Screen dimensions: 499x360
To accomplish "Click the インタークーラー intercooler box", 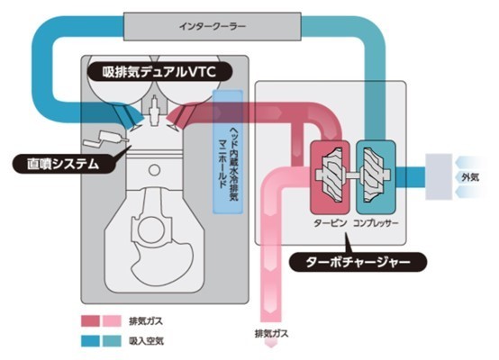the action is [213, 26].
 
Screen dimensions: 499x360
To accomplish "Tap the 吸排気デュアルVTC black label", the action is [159, 72].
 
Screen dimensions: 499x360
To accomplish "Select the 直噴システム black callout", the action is [64, 164].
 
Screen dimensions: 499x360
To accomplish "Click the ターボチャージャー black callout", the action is [358, 262].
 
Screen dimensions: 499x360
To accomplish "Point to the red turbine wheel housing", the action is [330, 176].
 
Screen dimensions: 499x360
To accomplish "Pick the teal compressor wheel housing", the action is [376, 176].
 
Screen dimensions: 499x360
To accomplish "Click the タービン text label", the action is [330, 223].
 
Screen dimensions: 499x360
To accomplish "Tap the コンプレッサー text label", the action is [376, 223].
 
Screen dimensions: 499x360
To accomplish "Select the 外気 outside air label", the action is [470, 176].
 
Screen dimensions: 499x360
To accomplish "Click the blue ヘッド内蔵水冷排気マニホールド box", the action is [228, 152].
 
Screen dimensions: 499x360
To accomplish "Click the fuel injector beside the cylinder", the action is [104, 139].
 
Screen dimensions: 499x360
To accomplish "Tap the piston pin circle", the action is [154, 170].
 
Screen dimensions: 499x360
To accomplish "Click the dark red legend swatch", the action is [90, 321].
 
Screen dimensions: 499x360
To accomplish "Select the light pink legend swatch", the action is [112, 321].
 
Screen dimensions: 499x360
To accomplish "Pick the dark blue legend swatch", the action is [90, 341].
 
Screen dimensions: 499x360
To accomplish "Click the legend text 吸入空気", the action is [146, 341].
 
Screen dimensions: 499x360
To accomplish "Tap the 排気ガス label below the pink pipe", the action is [271, 334].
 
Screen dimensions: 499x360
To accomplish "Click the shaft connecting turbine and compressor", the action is [352, 175].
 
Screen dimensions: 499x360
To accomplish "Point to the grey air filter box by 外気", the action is [439, 176].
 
